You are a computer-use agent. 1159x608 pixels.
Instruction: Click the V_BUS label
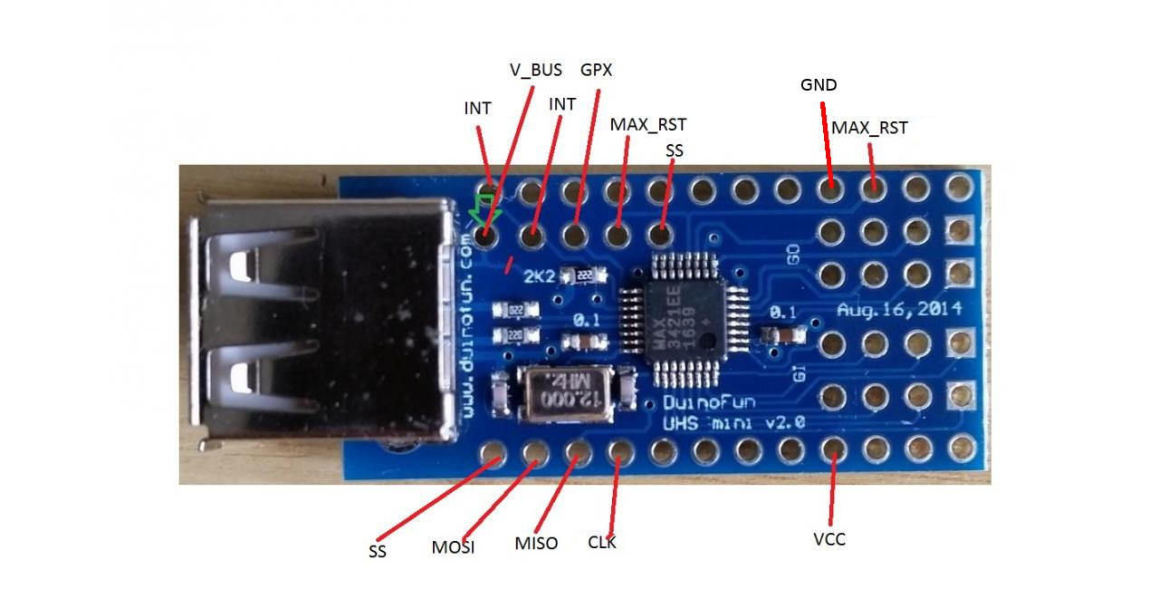[x=534, y=70]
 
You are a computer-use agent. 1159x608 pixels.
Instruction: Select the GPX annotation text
[x=596, y=70]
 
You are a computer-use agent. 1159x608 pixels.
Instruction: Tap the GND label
[x=819, y=85]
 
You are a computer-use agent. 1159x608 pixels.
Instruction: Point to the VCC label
[x=829, y=540]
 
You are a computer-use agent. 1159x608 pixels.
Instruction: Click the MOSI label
[x=453, y=547]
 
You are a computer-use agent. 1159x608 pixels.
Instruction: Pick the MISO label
[x=536, y=544]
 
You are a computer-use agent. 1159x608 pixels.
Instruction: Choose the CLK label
[x=602, y=543]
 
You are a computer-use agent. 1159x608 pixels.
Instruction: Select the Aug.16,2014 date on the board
[x=898, y=310]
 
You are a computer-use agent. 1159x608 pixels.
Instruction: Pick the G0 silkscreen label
[x=794, y=255]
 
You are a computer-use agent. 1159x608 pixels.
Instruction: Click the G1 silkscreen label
[x=800, y=371]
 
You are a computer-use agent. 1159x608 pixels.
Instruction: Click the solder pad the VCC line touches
[x=831, y=449]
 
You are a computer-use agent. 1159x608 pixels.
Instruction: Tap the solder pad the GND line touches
[x=829, y=189]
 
